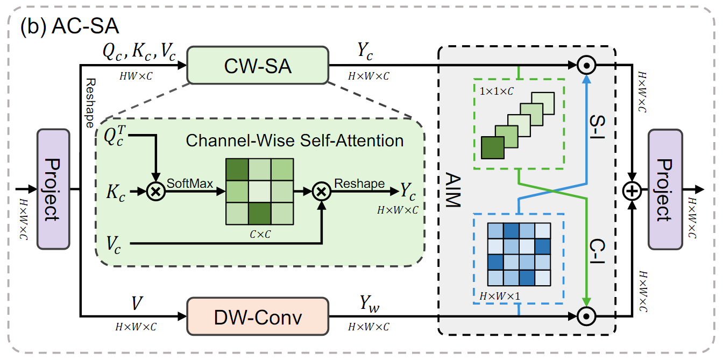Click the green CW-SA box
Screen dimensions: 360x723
click(x=257, y=66)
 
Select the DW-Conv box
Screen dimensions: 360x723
click(x=257, y=316)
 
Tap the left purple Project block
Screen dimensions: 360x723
click(x=53, y=189)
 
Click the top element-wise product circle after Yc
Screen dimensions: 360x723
click(x=587, y=66)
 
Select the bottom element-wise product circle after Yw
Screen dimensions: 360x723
click(x=587, y=316)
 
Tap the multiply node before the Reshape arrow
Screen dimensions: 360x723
click(x=321, y=190)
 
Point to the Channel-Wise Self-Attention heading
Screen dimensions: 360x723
click(x=294, y=140)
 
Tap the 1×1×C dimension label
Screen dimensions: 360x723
click(x=495, y=90)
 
